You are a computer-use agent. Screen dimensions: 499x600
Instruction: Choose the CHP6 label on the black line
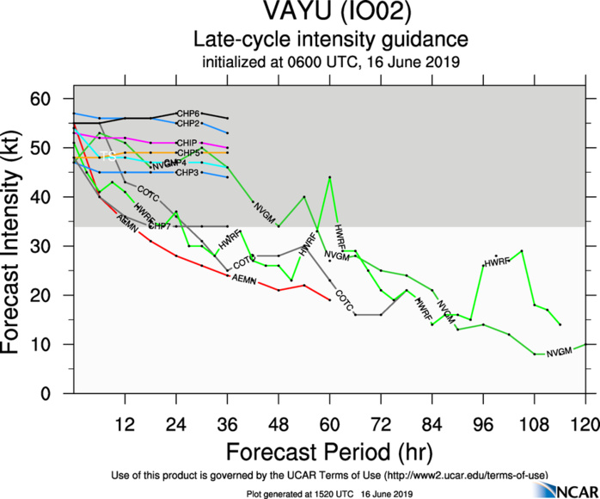[x=188, y=114]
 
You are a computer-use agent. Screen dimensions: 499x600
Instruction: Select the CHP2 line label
[x=188, y=124]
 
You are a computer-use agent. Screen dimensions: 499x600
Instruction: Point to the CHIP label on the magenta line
[x=187, y=143]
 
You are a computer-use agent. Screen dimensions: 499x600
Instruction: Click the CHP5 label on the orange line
[x=188, y=153]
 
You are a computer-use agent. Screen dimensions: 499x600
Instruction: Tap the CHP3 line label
[x=187, y=173]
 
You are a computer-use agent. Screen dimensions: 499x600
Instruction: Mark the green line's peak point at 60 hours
[x=330, y=177]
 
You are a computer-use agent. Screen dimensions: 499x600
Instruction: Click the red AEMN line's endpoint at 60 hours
[x=330, y=299]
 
